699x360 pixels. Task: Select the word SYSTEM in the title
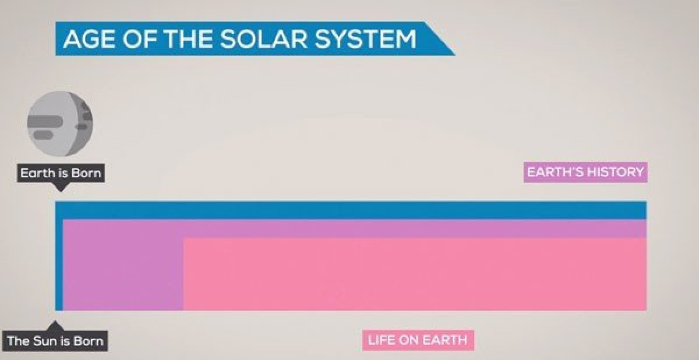click(365, 38)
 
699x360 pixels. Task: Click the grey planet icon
click(60, 124)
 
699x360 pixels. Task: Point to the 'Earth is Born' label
click(61, 173)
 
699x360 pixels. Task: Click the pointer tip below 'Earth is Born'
click(61, 191)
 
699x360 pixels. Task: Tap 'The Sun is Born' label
click(55, 341)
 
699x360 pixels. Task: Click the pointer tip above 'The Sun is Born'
click(55, 321)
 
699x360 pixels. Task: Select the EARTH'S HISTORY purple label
click(585, 172)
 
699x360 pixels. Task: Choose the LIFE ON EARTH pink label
click(418, 340)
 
